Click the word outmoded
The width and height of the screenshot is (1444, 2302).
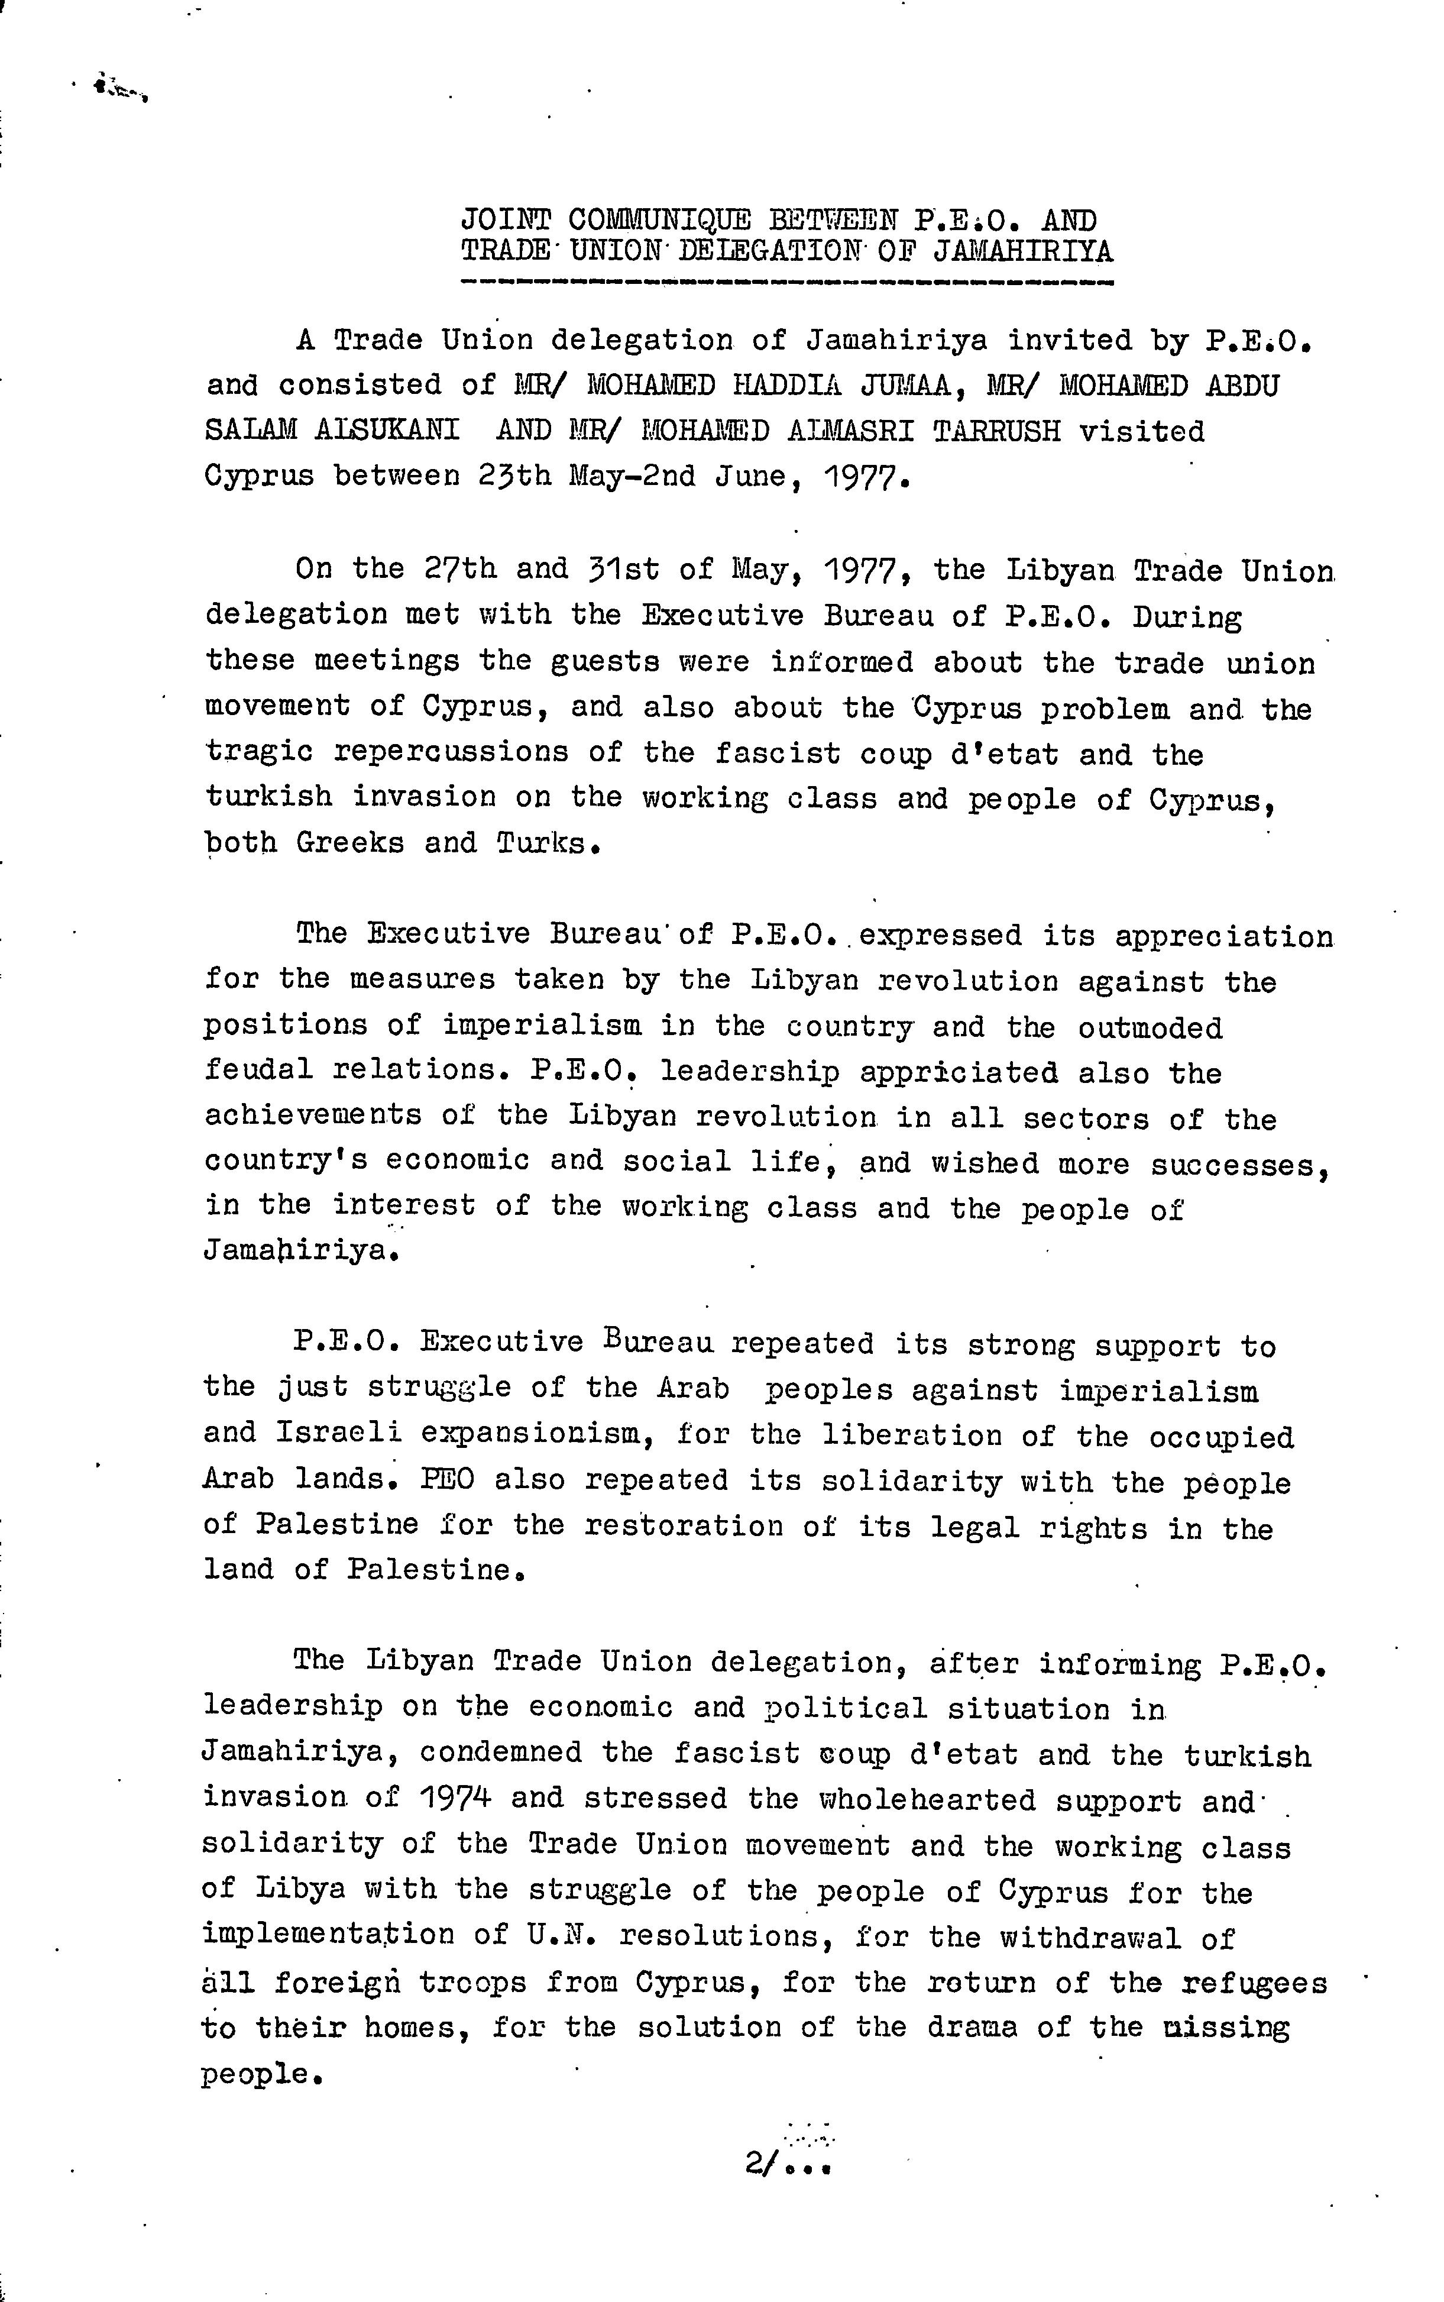pyautogui.click(x=1150, y=1028)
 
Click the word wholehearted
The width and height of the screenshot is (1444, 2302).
pyautogui.click(x=927, y=1800)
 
